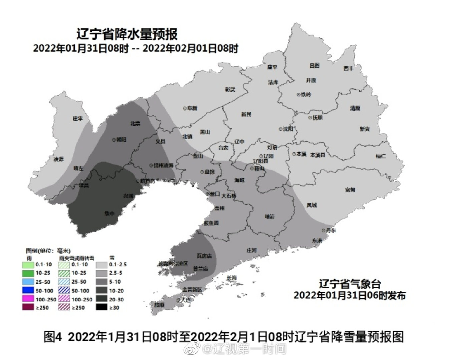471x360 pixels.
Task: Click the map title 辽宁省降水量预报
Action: [127, 34]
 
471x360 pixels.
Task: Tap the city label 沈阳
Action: [288, 129]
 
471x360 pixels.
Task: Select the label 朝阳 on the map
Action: [121, 140]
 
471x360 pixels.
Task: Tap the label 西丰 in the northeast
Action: [348, 68]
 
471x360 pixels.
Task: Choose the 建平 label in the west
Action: [78, 119]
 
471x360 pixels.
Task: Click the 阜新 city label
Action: [192, 108]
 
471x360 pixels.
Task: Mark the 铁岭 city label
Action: [306, 94]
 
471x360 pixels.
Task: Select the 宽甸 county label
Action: [350, 190]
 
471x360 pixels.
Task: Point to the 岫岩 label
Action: [270, 216]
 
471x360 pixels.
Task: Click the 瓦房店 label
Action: [204, 256]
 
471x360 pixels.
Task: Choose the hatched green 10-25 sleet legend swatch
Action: [64, 273]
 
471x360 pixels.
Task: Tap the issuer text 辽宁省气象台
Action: [350, 284]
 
